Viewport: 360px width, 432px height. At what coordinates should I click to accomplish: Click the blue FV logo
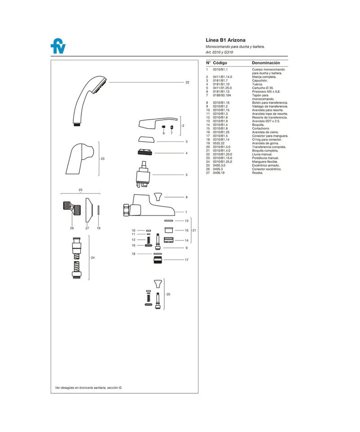tap(58, 46)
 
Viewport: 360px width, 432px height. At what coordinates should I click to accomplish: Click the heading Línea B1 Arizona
tap(225, 40)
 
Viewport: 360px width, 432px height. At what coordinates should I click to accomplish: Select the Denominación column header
tap(266, 63)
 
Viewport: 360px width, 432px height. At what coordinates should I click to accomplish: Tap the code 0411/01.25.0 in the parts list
tap(222, 88)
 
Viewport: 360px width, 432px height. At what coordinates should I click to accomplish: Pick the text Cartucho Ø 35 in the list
tap(263, 88)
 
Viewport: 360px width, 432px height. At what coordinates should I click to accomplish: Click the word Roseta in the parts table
tap(257, 173)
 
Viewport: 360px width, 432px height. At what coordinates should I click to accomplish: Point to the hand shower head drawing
tap(88, 100)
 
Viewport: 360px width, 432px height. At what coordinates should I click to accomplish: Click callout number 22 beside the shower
tap(187, 82)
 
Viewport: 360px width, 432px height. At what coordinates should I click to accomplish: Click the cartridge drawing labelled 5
tap(143, 175)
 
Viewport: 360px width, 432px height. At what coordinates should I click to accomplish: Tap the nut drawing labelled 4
tap(145, 153)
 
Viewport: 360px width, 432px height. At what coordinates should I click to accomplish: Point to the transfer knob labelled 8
tap(158, 197)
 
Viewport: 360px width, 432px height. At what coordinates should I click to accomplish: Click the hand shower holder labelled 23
tap(80, 158)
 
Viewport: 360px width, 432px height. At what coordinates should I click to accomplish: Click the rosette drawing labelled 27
tap(89, 210)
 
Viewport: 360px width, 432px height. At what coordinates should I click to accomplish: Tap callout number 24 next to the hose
tap(93, 257)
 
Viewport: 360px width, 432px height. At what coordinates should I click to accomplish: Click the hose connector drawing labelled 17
tap(158, 260)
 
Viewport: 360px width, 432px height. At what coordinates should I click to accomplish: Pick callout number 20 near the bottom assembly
tap(168, 294)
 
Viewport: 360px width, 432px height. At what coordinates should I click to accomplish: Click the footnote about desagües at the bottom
tap(88, 387)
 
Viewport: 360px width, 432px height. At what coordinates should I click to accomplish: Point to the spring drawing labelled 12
tap(148, 240)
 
